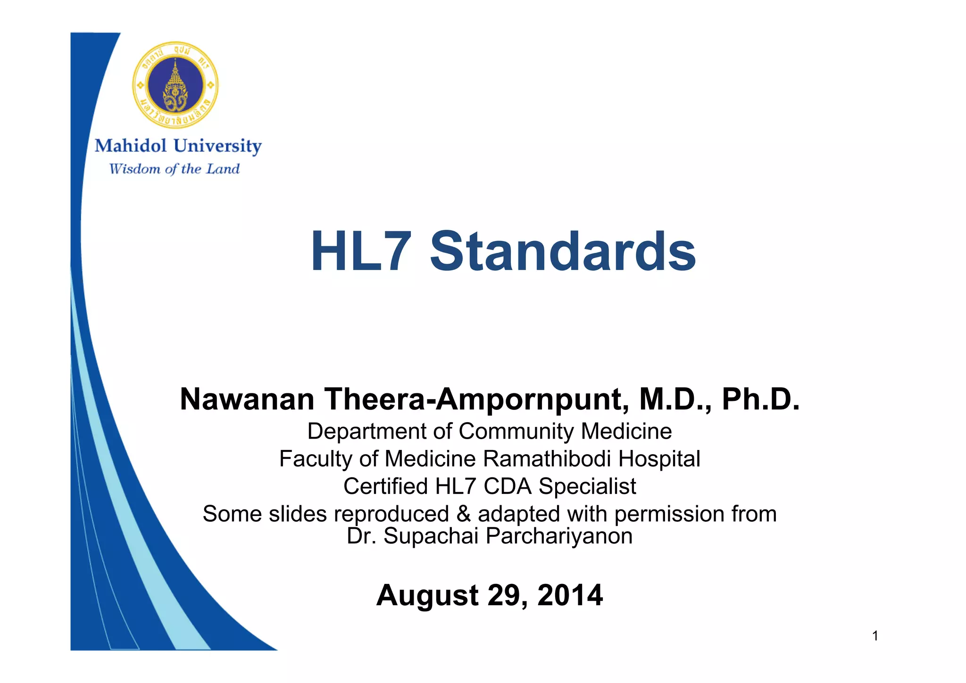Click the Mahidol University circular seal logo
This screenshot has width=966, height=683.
175,85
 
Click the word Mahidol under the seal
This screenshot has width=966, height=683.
131,146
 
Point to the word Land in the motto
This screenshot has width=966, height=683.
223,169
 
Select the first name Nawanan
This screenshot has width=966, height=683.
247,400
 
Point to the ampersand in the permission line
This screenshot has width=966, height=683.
464,514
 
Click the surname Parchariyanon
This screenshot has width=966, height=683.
559,536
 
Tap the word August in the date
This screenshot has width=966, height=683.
427,595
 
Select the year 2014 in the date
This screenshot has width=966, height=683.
570,595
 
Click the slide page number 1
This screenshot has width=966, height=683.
875,636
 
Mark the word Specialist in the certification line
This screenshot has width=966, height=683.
587,486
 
